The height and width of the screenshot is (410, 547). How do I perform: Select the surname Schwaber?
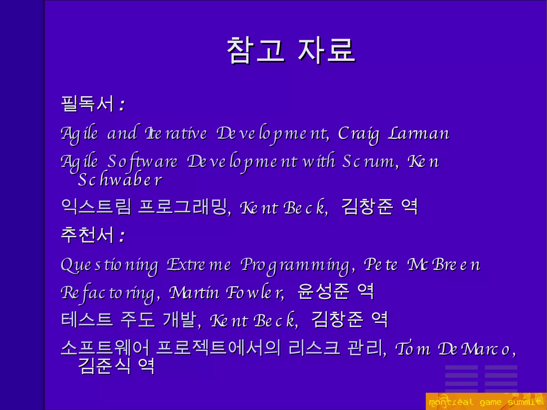[x=120, y=180]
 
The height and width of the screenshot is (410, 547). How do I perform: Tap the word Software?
[x=142, y=161]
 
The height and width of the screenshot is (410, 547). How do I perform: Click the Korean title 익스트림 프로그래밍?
[x=144, y=207]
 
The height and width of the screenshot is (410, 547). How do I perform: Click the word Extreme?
[x=199, y=264]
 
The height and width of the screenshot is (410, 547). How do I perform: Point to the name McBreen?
[x=443, y=264]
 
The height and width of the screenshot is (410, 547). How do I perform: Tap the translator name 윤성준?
[x=323, y=292]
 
